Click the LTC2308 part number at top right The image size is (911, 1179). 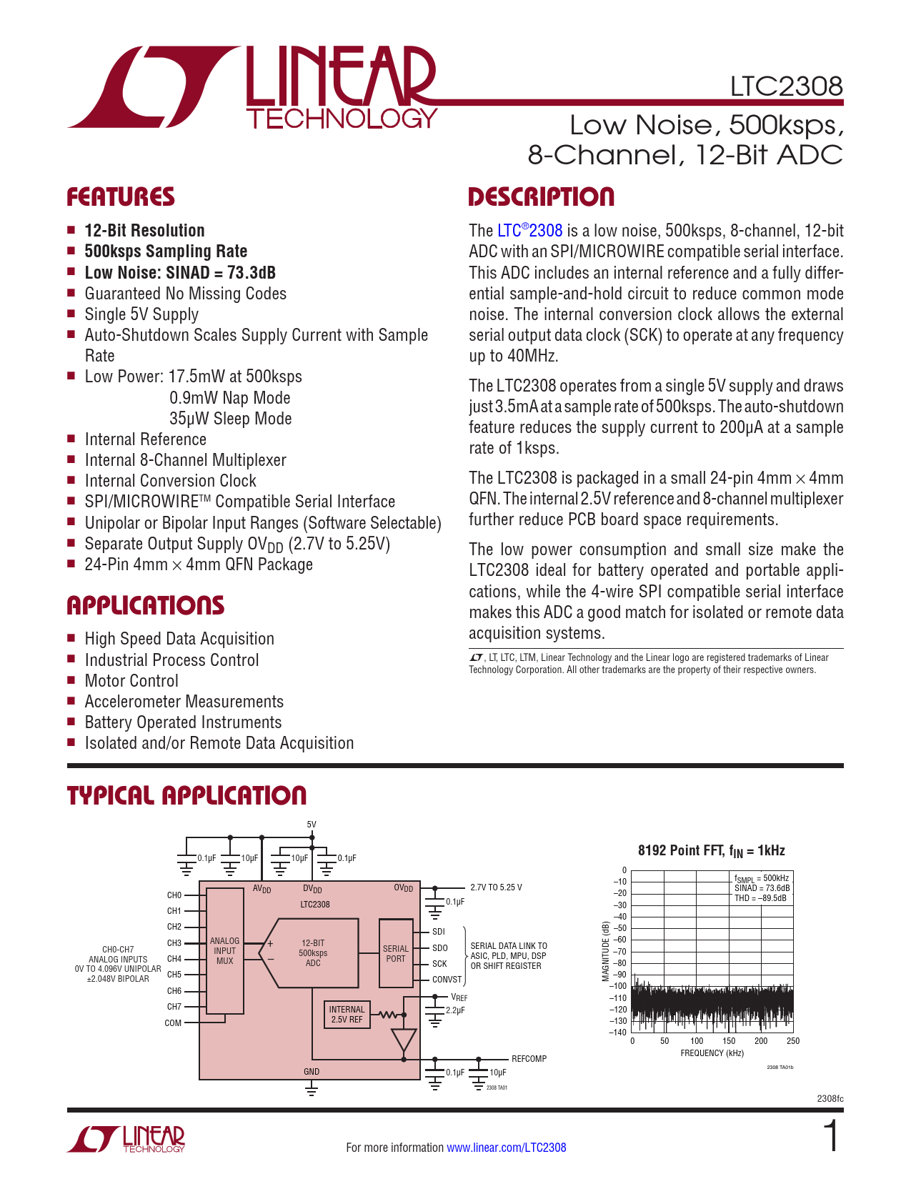point(786,86)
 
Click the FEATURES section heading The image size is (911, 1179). point(121,197)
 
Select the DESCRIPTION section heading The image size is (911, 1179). point(541,197)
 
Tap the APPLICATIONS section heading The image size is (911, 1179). point(146,606)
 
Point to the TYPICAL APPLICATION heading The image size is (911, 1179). point(186,796)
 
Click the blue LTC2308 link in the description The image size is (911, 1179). point(529,231)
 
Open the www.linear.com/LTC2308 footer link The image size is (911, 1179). point(506,1148)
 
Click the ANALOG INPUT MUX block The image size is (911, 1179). point(224,951)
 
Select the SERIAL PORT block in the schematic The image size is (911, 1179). point(395,954)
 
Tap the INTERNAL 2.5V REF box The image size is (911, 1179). point(347,1015)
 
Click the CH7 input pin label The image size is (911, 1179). point(174,1007)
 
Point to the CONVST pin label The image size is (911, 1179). point(447,980)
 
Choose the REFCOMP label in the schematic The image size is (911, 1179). point(529,1059)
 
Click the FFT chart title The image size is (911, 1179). point(711,851)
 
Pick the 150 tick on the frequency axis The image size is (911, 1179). point(729,1041)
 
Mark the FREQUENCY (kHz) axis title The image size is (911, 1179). point(712,1053)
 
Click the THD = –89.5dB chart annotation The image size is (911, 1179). point(760,898)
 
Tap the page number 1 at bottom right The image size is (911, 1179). point(831,1137)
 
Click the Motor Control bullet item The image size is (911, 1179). point(131,681)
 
